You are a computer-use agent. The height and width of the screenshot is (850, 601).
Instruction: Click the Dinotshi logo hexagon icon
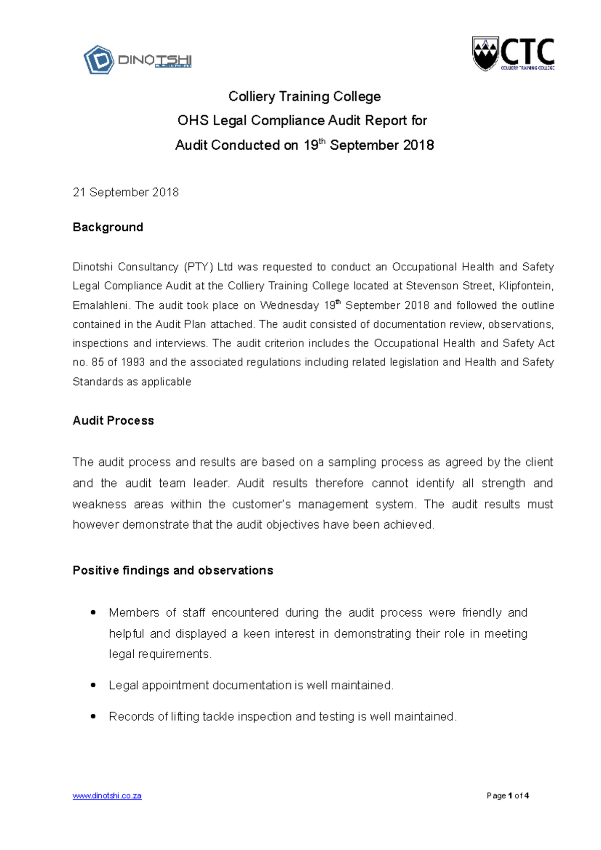click(98, 60)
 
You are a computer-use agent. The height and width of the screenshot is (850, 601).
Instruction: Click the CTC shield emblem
click(485, 53)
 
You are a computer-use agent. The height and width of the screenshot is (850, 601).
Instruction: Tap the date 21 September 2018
click(126, 192)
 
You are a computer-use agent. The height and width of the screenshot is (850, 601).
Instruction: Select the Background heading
click(108, 227)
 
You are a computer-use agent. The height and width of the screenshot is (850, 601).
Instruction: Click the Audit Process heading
click(113, 420)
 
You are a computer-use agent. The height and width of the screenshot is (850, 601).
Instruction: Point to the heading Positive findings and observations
click(173, 571)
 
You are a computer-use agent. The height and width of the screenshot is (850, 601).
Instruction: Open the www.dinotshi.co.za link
click(107, 796)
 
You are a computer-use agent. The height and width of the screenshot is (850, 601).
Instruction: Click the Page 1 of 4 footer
click(507, 796)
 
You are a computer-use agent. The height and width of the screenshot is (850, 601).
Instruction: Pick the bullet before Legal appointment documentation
click(93, 685)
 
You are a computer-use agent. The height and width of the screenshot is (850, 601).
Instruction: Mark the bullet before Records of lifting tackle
click(93, 717)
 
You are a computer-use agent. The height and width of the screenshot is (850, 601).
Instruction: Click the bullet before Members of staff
click(93, 613)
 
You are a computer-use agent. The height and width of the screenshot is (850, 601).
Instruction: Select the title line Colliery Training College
click(305, 97)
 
